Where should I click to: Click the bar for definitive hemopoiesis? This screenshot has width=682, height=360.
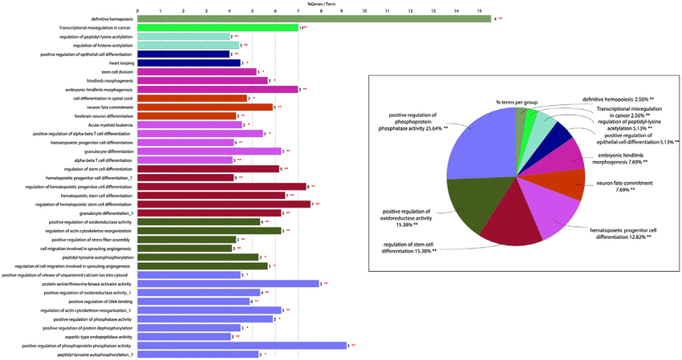313,18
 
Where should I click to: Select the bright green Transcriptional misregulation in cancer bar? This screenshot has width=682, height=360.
217,27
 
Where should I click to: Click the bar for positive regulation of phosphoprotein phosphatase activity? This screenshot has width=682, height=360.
241,345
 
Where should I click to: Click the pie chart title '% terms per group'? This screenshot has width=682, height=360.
517,102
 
